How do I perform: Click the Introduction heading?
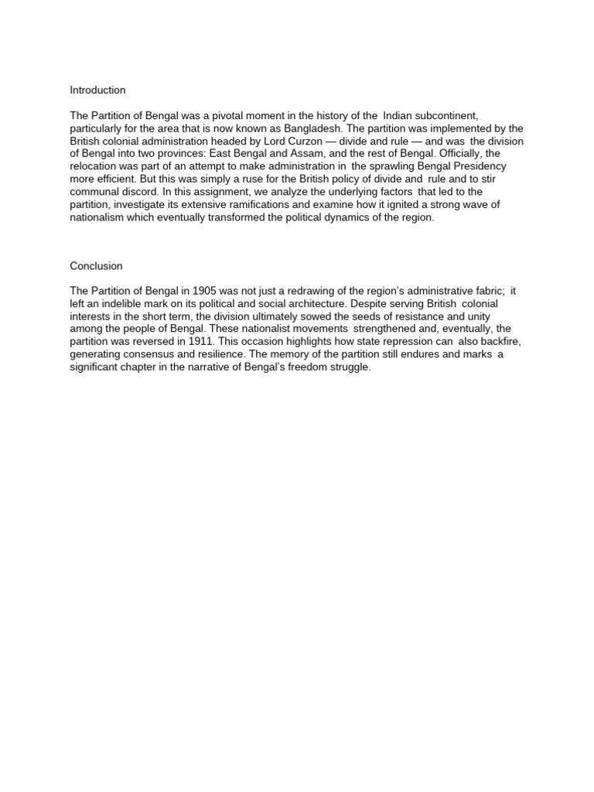click(97, 90)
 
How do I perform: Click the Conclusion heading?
click(96, 266)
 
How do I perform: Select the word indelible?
click(125, 304)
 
